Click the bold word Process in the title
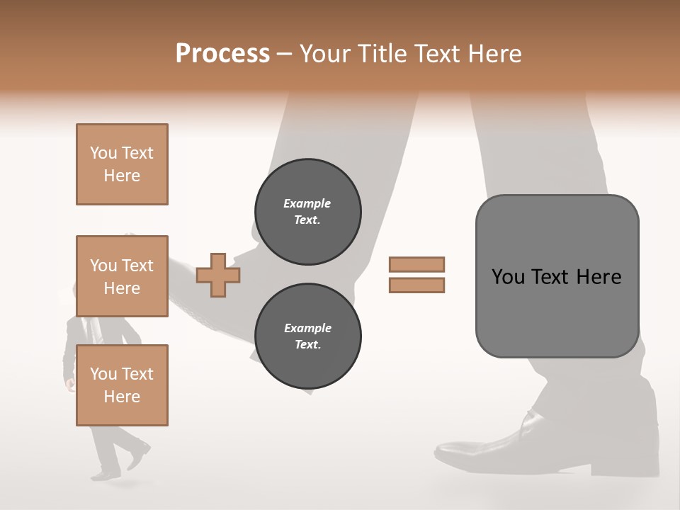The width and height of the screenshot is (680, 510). click(x=222, y=53)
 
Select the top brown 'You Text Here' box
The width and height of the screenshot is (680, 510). click(x=122, y=164)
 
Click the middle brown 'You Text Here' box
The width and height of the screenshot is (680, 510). click(x=122, y=276)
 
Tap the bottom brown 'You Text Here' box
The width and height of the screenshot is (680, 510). click(x=122, y=385)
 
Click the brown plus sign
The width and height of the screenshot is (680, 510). click(x=218, y=275)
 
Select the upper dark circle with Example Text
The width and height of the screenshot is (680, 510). click(x=307, y=211)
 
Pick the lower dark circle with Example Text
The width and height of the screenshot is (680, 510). click(x=307, y=336)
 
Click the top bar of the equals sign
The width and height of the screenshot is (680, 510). click(x=416, y=264)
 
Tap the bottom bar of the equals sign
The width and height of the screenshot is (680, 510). click(x=416, y=285)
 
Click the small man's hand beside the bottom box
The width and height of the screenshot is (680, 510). click(x=69, y=385)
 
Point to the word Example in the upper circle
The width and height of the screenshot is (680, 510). click(x=307, y=203)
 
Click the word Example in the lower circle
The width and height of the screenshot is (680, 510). click(x=307, y=328)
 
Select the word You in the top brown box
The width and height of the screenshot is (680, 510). click(x=103, y=153)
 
